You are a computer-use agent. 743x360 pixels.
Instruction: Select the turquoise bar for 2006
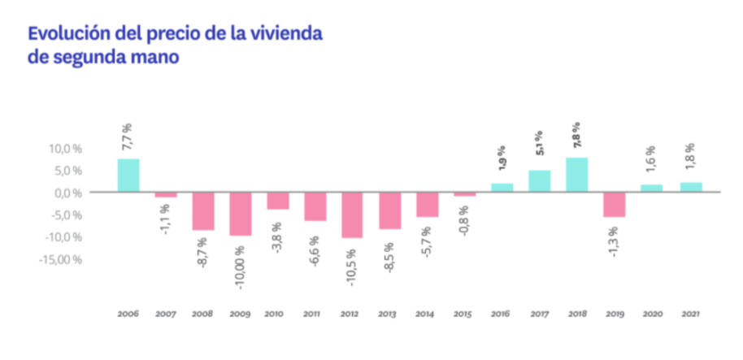[x=128, y=176]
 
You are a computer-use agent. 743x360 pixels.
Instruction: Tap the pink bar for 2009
[x=240, y=214]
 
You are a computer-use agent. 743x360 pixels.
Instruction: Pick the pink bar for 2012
[x=352, y=215]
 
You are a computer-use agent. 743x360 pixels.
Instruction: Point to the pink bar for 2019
[x=615, y=205]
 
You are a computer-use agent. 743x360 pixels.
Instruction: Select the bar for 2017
[x=540, y=181]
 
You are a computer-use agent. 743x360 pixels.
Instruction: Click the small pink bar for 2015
[x=465, y=195]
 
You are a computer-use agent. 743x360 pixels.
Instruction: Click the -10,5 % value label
[x=353, y=258]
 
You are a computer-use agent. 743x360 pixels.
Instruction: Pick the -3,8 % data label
[x=277, y=233]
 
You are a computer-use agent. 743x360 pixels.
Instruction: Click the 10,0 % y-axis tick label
[x=63, y=149]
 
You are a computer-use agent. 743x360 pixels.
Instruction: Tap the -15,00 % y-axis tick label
[x=59, y=260]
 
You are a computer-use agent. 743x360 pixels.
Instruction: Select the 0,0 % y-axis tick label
[x=66, y=193]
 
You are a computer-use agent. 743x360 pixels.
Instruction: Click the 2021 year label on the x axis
[x=689, y=313]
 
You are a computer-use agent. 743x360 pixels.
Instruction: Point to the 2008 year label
[x=202, y=313]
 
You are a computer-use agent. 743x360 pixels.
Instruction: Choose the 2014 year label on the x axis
[x=427, y=313]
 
